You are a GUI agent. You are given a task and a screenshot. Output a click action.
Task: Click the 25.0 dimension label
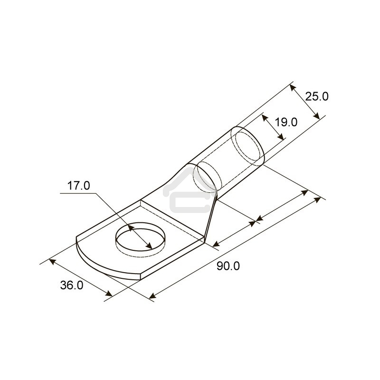(317, 96)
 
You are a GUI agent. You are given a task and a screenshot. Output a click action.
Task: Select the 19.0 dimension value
(286, 122)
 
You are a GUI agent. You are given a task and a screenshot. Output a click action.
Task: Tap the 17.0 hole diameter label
(78, 186)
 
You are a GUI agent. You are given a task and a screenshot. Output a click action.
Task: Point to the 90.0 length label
(228, 266)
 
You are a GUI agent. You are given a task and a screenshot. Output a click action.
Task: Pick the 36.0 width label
(72, 285)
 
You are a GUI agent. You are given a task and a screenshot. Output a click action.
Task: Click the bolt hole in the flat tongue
(140, 237)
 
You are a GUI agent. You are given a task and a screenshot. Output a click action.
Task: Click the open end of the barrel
(247, 144)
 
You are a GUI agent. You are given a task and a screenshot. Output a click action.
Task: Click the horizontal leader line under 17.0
(78, 194)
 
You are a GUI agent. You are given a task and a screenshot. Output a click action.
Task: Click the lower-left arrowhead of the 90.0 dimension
(152, 296)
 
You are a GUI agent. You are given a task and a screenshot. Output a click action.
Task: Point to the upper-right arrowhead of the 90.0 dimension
(317, 200)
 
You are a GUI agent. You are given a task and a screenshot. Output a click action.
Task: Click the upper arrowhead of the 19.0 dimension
(263, 116)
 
